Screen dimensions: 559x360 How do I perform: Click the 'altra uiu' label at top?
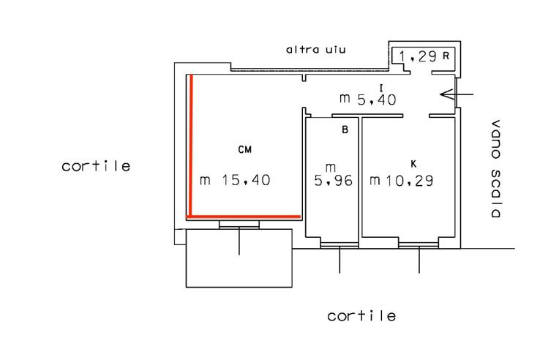pos(316,49)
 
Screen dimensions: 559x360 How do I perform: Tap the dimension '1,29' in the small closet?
pos(418,56)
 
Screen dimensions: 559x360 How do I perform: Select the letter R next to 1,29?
pos(446,56)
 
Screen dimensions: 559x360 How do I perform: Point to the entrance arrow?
pos(457,94)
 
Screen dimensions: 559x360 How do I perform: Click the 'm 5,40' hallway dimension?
pos(367,100)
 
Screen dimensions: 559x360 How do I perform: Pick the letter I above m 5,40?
pos(381,88)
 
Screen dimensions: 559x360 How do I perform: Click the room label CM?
pos(245,149)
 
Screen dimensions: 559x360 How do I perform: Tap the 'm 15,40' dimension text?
pos(235,180)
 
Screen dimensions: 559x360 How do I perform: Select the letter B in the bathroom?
pos(345,130)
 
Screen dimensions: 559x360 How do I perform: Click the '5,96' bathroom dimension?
pos(334,181)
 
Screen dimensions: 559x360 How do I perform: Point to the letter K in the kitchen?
pos(413,164)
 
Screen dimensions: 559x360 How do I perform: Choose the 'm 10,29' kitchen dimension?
pos(402,181)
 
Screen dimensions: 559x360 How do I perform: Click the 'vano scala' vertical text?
pos(495,168)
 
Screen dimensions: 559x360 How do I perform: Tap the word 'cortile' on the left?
pos(96,166)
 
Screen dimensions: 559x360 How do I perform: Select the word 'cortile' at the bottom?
pos(361,316)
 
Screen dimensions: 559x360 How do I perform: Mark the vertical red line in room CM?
pos(191,146)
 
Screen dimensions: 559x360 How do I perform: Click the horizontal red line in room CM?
pos(244,216)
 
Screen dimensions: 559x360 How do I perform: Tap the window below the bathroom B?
pos(339,245)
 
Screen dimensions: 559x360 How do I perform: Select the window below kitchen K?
pos(419,245)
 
